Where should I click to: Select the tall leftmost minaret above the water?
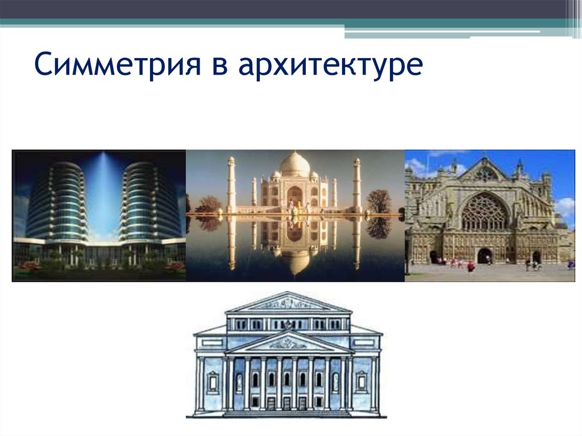click(x=231, y=185)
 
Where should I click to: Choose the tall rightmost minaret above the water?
click(x=357, y=185)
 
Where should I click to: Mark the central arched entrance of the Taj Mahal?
click(x=294, y=197)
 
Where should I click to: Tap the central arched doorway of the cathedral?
click(x=484, y=255)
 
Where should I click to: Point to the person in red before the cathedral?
click(x=471, y=266)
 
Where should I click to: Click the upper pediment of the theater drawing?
click(x=288, y=302)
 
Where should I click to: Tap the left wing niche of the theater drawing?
click(x=213, y=381)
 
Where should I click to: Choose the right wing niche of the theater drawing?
click(x=361, y=381)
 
